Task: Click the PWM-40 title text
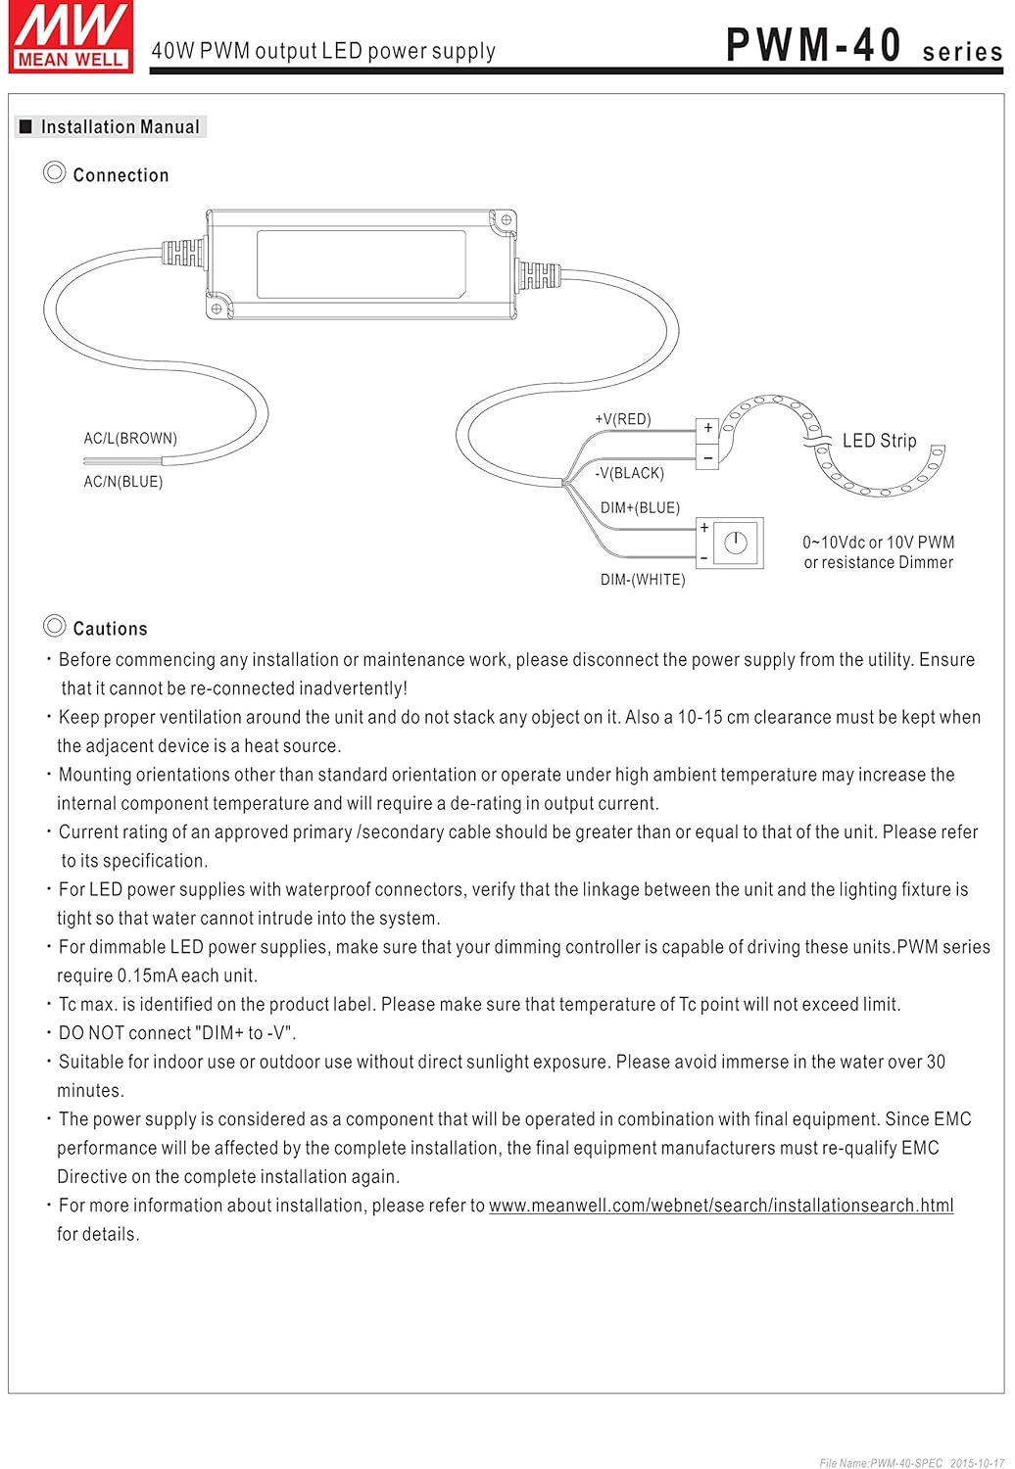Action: (x=813, y=46)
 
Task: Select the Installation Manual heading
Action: (x=120, y=127)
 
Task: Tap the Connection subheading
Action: (x=121, y=175)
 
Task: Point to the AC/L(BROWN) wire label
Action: (x=130, y=439)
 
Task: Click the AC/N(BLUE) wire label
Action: (x=123, y=482)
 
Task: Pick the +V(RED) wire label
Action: (x=623, y=419)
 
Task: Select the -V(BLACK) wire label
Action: (x=629, y=473)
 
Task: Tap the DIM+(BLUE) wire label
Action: (x=640, y=507)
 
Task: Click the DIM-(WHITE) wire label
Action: (x=643, y=580)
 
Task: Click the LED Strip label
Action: (x=879, y=441)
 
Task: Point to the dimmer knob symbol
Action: (x=736, y=543)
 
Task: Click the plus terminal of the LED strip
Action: (x=707, y=428)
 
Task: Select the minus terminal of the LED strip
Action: (x=707, y=457)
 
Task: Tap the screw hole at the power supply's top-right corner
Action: (x=506, y=220)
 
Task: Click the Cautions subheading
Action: (x=110, y=629)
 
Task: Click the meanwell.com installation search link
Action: (x=721, y=1206)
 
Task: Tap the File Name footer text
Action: (x=881, y=1463)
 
